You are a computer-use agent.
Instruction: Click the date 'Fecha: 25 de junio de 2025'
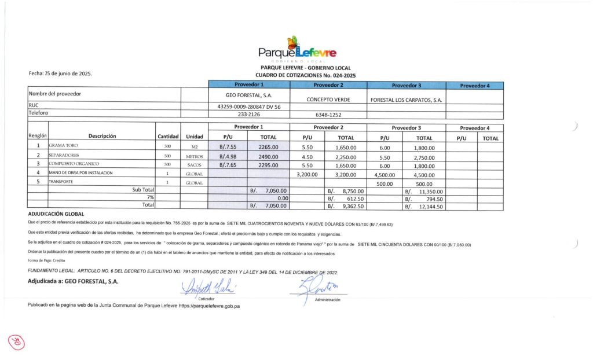tap(60, 74)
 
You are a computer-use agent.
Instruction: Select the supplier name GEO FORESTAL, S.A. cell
tap(249, 94)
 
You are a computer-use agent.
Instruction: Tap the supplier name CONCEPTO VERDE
tap(328, 99)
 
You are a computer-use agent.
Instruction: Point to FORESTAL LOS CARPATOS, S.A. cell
tap(406, 100)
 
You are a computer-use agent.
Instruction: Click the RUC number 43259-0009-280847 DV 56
tap(249, 106)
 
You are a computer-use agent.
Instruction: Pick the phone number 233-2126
tap(249, 114)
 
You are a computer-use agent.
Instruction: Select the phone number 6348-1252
tap(328, 115)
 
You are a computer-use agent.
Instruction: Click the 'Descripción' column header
tap(102, 137)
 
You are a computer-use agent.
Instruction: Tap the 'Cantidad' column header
tap(168, 137)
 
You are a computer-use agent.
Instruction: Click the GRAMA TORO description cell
tap(63, 147)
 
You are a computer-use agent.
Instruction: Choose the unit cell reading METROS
tap(194, 156)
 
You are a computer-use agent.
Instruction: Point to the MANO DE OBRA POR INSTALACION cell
tap(80, 173)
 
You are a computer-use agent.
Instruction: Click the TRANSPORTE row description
tap(61, 183)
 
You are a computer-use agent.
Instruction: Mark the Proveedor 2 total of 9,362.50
tap(346, 205)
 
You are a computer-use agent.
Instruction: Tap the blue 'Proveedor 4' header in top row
tap(475, 86)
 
